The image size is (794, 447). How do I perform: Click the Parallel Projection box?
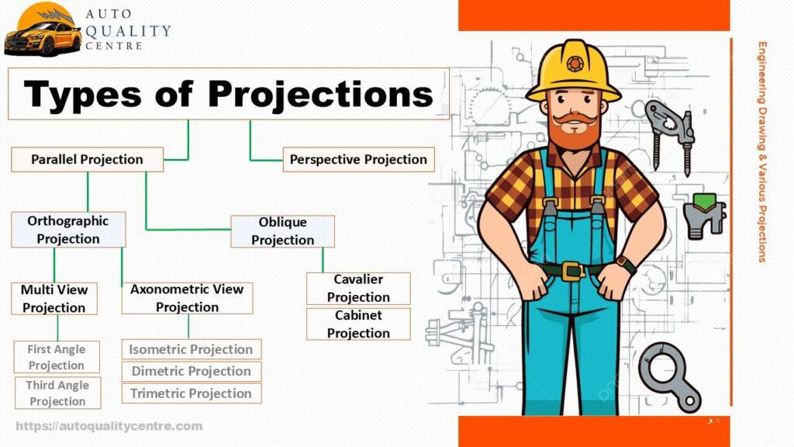[87, 160]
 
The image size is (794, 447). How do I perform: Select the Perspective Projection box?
[358, 160]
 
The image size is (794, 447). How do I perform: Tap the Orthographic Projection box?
[68, 230]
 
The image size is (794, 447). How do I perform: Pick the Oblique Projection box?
[282, 231]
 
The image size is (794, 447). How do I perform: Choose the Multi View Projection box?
[54, 299]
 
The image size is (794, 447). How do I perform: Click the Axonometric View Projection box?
[187, 298]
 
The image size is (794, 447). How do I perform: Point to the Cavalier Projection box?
[358, 289]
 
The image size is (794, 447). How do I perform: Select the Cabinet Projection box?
[358, 324]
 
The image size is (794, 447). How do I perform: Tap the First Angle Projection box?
[56, 357]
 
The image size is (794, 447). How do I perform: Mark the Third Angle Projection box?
[57, 393]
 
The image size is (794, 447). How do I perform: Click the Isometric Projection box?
[192, 349]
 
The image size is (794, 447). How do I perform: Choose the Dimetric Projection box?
[192, 371]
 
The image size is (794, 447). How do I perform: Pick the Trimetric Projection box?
[192, 393]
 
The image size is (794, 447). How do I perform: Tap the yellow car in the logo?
[43, 39]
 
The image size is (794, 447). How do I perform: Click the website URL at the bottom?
[109, 426]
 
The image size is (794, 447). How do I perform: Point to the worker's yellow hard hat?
[573, 71]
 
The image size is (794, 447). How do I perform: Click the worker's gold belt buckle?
[573, 271]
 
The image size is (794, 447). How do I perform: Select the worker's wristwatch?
[626, 265]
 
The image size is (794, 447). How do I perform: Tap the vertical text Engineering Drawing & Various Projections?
[762, 151]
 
